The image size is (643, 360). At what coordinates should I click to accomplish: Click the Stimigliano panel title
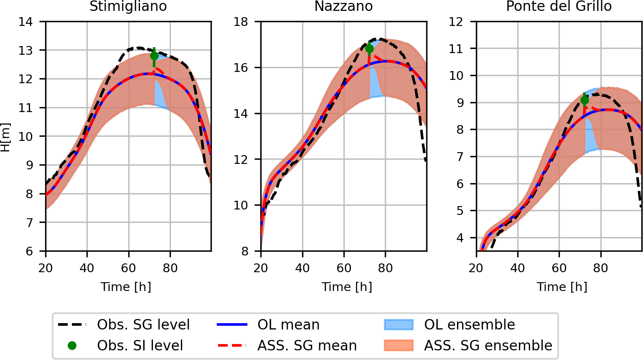pos(128,7)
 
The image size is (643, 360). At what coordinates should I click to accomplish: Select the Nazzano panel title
pos(343,7)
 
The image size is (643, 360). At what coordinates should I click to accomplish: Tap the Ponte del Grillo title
pos(559,7)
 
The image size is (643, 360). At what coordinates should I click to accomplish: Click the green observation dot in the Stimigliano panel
pos(154,56)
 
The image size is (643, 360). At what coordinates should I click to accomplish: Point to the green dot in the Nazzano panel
pos(369,49)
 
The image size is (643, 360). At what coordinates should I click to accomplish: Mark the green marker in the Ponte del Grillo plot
pos(585,100)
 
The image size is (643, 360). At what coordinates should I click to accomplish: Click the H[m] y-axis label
pos(5,137)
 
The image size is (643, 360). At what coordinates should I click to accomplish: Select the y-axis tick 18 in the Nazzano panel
pos(241,22)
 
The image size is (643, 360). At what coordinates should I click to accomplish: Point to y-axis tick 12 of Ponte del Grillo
pos(456,22)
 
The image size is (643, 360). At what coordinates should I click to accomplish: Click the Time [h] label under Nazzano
pos(347,287)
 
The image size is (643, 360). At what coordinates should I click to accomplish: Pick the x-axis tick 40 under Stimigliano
pos(87,268)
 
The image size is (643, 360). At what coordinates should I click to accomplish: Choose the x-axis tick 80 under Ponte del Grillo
pos(600,268)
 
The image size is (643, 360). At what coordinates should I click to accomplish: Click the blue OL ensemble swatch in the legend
pos(398,324)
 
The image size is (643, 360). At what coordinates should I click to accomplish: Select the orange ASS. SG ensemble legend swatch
pos(398,345)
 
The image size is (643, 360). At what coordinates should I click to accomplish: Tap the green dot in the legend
pos(72,345)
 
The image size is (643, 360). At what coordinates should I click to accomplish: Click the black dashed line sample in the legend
pos(72,324)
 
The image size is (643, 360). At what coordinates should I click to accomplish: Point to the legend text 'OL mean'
pos(288,324)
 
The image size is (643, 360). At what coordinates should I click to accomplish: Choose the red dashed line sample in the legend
pos(232,345)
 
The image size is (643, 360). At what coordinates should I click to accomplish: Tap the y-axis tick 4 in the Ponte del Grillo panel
pos(460,238)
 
